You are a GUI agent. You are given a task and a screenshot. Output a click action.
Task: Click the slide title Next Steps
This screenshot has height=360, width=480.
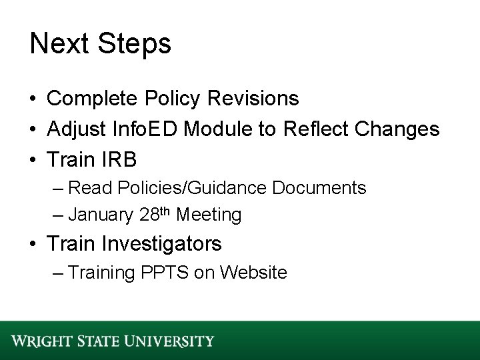pos(100,45)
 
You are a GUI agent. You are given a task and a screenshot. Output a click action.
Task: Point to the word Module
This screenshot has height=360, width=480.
pos(230,130)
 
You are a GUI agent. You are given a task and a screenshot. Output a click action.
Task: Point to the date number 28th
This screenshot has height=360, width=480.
pos(157,215)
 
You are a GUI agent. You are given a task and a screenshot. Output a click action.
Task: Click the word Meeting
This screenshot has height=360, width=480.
pos(209,215)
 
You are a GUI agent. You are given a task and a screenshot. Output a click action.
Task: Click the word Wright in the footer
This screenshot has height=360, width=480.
pos(40,341)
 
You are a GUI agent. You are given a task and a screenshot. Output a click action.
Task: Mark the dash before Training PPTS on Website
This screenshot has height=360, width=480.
pos(58,273)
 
